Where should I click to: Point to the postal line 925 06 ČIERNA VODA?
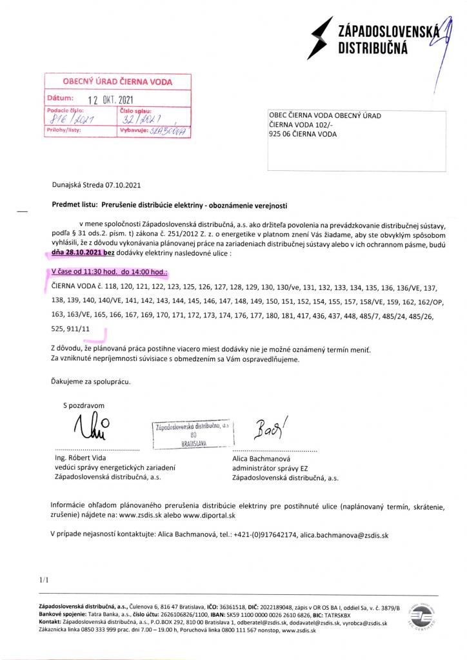pos(303,134)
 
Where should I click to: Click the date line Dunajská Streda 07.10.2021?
pos(96,185)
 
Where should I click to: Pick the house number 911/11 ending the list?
pos(77,329)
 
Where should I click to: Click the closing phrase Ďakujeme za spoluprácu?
pos(90,381)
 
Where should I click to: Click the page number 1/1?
pos(44,580)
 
